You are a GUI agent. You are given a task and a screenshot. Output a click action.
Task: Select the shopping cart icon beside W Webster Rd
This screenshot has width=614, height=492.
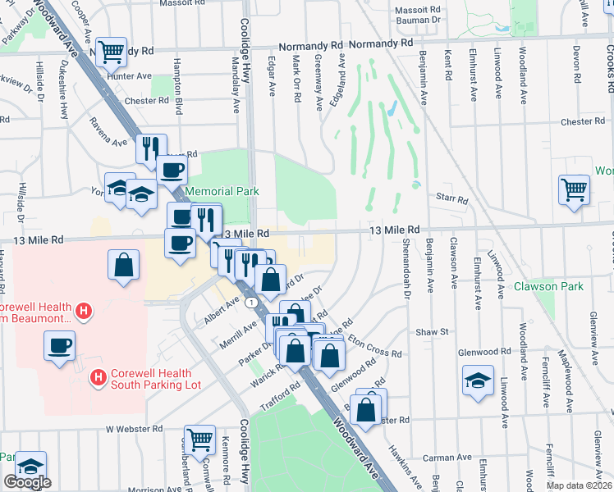pos(199,440)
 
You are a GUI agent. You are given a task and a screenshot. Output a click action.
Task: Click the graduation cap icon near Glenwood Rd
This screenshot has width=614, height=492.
pos(478,381)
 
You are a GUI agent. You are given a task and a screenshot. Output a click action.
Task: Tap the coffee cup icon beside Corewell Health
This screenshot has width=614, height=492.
pos(58,346)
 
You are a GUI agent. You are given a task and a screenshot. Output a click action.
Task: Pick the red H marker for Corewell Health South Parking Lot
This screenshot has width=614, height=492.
pos(98,377)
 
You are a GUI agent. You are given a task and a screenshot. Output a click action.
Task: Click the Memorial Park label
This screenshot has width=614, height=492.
pos(222,191)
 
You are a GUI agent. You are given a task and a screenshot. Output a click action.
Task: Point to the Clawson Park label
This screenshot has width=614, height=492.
pos(548,286)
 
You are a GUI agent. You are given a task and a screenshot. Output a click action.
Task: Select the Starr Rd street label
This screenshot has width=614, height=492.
pos(451,199)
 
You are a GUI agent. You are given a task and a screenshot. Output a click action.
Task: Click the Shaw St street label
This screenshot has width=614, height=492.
pos(431,332)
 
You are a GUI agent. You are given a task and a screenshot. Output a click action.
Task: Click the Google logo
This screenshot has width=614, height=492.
pos(27,482)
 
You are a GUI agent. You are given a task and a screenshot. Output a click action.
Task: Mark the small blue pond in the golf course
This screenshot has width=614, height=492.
pos(391,107)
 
